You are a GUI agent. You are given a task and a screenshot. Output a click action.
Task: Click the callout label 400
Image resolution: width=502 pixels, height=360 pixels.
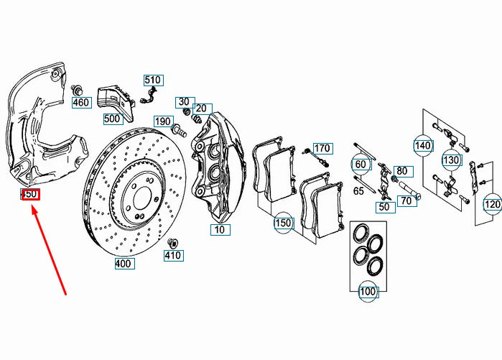tap(124, 264)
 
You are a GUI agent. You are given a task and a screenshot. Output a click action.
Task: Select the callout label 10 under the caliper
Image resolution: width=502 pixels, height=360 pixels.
tap(219, 230)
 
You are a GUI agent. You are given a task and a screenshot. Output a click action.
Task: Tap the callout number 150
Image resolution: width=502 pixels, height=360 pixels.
tap(284, 223)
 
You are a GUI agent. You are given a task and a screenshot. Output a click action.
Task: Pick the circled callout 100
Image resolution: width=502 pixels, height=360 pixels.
tap(368, 292)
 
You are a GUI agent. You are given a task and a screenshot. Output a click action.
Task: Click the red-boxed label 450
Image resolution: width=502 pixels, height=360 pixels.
tap(29, 195)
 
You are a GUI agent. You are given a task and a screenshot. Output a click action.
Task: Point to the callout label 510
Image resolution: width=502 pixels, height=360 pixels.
tap(153, 80)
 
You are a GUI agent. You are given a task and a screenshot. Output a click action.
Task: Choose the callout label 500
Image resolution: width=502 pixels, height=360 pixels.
tap(113, 119)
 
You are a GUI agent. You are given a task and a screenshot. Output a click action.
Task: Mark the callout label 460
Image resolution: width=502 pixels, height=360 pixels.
tap(80, 103)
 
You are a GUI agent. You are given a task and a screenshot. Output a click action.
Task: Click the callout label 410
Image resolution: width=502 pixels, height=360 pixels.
tap(173, 255)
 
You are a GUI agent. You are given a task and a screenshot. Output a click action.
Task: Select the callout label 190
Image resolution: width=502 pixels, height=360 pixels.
tap(163, 121)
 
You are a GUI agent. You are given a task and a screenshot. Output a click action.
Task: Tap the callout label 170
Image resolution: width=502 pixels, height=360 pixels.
tap(322, 149)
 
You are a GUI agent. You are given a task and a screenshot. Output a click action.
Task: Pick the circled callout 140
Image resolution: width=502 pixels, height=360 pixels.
tap(423, 145)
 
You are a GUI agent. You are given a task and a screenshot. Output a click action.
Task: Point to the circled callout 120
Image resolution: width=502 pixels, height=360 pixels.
tap(492, 204)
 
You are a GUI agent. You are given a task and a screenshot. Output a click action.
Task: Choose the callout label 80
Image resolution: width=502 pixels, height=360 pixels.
tap(401, 171)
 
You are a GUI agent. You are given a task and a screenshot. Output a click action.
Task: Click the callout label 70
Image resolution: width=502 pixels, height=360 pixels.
tap(406, 201)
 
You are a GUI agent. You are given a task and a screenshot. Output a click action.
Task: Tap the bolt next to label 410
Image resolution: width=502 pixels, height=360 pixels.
tap(173, 240)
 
